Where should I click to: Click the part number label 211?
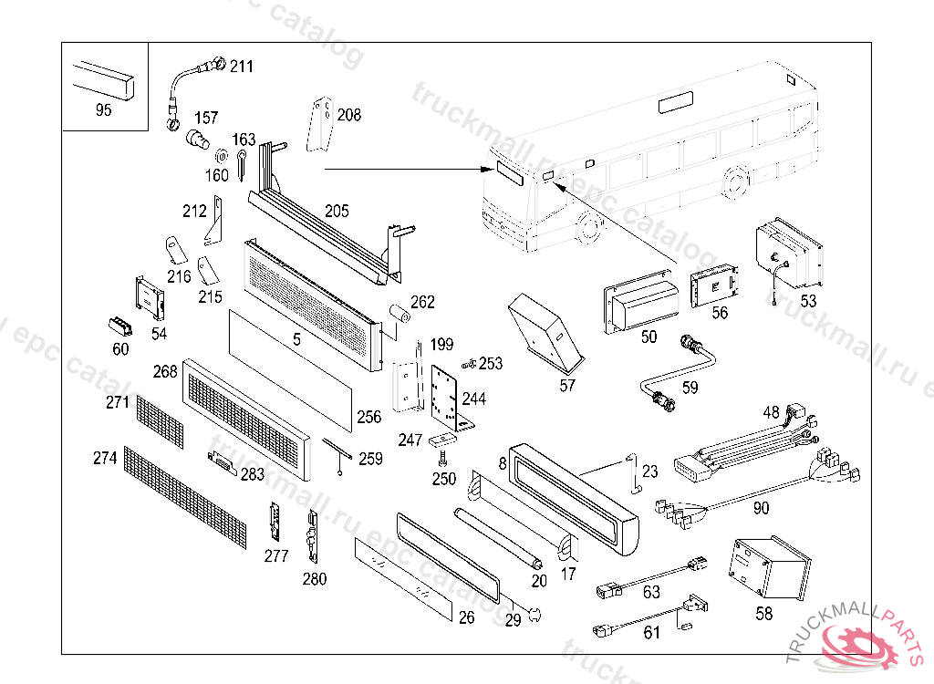coord(242,67)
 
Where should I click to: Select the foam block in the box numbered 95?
coord(103,78)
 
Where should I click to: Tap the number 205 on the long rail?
coord(337,212)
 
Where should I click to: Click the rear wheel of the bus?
coord(734,183)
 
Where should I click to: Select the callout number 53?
coord(808,300)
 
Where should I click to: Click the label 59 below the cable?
coord(690,387)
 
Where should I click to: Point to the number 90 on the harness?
coord(761,508)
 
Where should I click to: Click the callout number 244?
coord(474,399)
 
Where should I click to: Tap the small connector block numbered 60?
coord(118,326)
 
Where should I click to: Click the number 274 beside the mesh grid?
coord(105,458)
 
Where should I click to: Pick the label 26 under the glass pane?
coord(466,618)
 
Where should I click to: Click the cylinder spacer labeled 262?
coord(399,313)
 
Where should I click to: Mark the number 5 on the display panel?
coord(296,339)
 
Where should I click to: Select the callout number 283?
coord(253,473)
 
